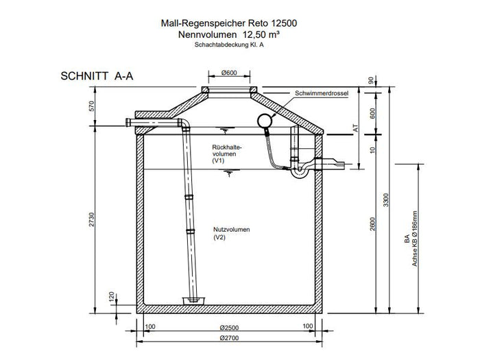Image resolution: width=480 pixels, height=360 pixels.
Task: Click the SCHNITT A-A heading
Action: pos(97,76)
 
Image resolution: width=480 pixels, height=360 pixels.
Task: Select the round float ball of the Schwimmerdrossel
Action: pos(263,121)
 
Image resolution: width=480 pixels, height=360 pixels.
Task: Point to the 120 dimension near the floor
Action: pos(110,297)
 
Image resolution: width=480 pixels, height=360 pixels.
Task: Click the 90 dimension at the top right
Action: pos(372,82)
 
